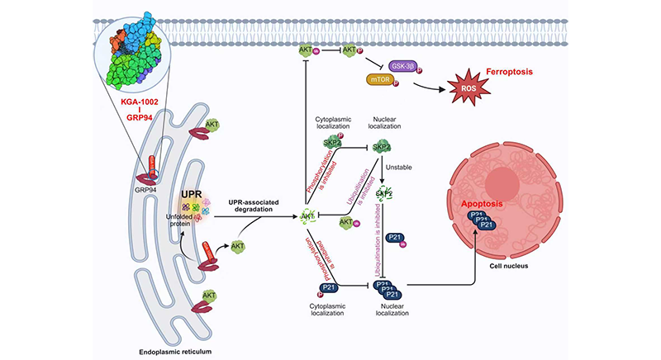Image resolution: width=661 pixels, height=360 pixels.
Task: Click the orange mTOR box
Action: [381, 81]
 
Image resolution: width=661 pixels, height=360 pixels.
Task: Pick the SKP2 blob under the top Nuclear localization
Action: [382, 147]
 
